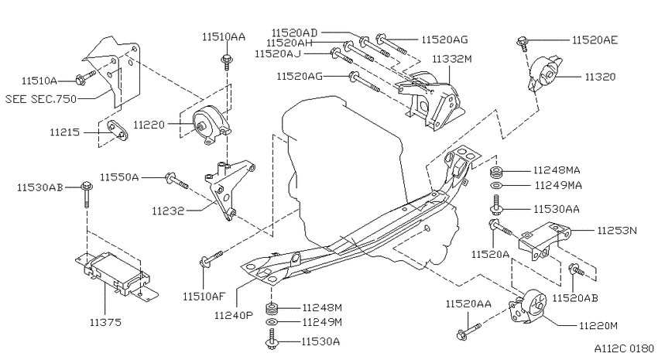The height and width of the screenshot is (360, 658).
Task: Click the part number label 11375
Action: (x=105, y=322)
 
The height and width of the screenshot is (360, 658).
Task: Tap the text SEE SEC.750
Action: (x=41, y=99)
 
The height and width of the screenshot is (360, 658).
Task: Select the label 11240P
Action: (x=234, y=315)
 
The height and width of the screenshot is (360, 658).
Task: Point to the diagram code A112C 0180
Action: (x=624, y=348)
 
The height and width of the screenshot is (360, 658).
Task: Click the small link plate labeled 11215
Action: (x=117, y=131)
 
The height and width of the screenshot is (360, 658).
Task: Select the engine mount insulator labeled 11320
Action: (x=546, y=74)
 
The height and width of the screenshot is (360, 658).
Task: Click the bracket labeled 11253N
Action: (x=545, y=241)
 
